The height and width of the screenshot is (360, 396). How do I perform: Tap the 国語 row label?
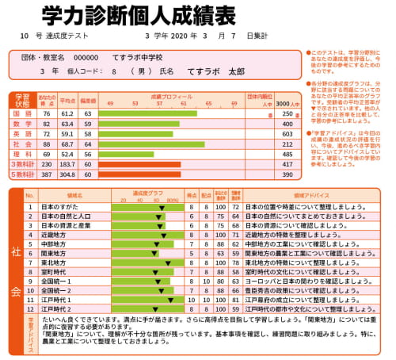(22, 113)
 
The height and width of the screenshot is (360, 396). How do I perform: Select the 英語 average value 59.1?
(67, 134)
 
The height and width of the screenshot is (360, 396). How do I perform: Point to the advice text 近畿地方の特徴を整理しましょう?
(293, 235)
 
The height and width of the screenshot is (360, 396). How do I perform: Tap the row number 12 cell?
(29, 309)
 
